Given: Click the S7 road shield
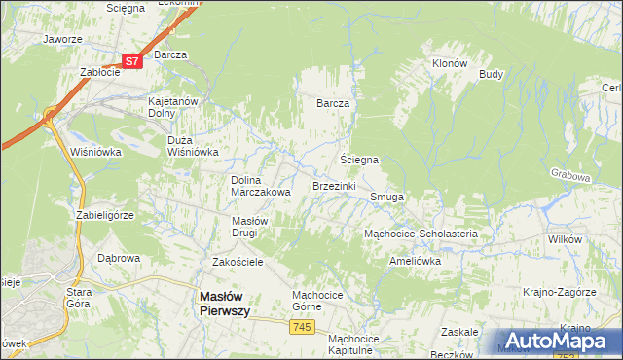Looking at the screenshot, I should (133, 60).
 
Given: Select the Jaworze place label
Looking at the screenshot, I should (61, 40).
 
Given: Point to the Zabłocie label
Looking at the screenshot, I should (99, 71).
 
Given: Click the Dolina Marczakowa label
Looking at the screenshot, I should (260, 186).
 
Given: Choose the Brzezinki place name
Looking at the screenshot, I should (334, 185).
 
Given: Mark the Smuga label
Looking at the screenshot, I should (386, 196).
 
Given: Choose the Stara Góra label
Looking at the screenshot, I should (78, 297).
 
